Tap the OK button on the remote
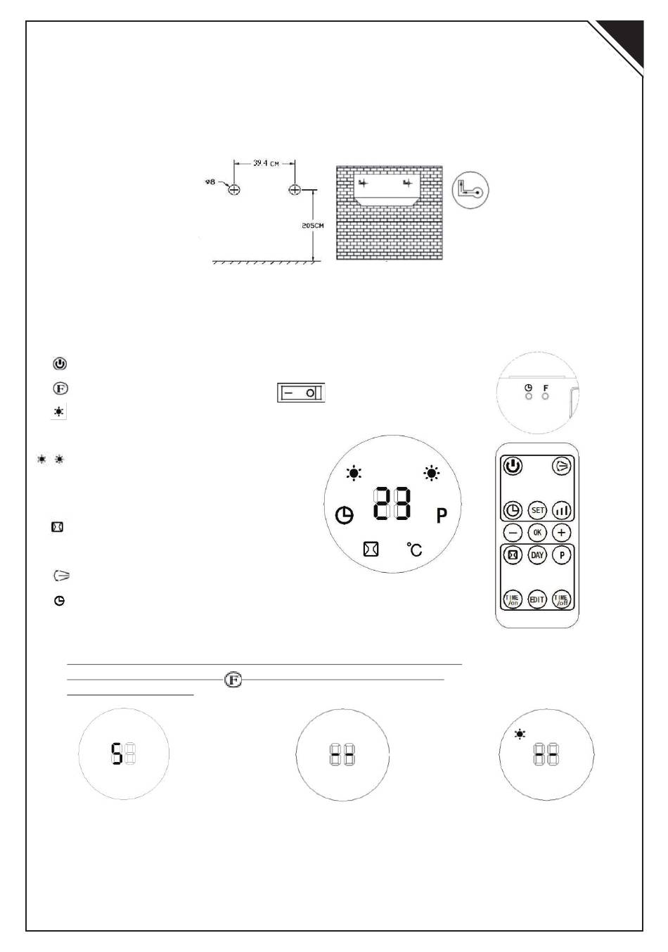click(x=537, y=533)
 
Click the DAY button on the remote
click(x=537, y=555)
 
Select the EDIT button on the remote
click(x=537, y=599)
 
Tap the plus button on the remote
click(x=561, y=533)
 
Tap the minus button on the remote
click(x=513, y=533)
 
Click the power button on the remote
click(x=513, y=466)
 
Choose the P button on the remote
click(x=561, y=555)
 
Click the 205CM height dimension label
click(x=312, y=226)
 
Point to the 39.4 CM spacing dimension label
click(x=266, y=164)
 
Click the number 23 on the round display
click(x=392, y=504)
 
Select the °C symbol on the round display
click(x=416, y=549)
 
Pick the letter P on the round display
click(x=442, y=516)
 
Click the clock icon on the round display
click(x=344, y=516)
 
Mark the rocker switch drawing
click(x=302, y=393)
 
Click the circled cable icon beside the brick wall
click(x=470, y=189)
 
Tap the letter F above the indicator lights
click(x=546, y=388)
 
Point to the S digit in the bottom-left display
click(x=117, y=756)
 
